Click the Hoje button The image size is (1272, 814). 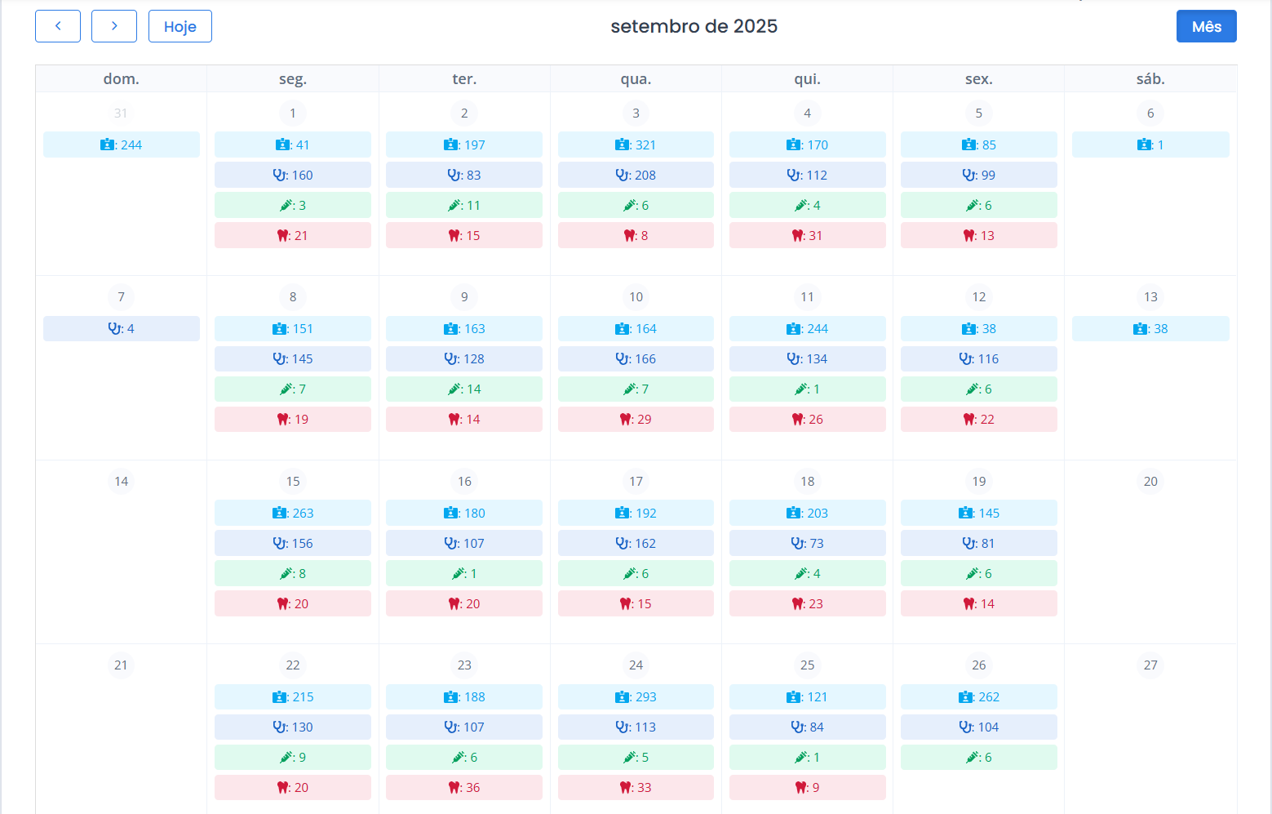[x=179, y=26]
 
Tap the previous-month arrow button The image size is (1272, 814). [x=58, y=26]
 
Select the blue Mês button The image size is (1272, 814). [x=1206, y=26]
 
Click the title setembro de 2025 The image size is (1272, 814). [x=694, y=26]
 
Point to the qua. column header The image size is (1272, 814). [x=636, y=79]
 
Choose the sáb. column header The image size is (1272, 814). [x=1150, y=79]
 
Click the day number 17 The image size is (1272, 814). [x=636, y=482]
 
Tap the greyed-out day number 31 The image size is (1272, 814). [x=121, y=113]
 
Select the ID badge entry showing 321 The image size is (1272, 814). [x=636, y=145]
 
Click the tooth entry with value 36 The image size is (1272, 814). [x=464, y=788]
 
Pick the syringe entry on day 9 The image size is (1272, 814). [x=464, y=389]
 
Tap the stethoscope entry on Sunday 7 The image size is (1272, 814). [x=121, y=329]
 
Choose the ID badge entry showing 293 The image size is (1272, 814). [x=636, y=697]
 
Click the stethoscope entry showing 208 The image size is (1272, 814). [x=636, y=175]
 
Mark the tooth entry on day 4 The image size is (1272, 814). [x=807, y=236]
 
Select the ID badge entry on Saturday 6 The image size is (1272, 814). [x=1150, y=145]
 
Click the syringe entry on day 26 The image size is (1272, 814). [x=979, y=758]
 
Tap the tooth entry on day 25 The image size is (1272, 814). [x=807, y=788]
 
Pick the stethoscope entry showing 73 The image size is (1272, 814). [x=807, y=544]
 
